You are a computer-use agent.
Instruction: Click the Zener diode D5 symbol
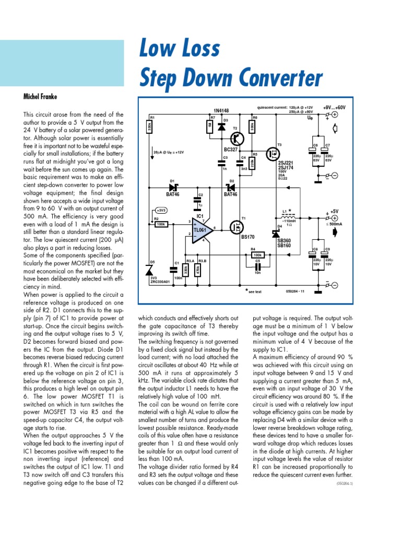tap(151, 270)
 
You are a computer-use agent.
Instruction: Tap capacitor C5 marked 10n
tap(256, 265)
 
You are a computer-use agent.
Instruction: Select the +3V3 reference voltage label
tap(161, 210)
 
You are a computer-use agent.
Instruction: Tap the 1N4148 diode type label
tap(221, 110)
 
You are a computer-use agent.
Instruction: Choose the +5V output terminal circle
tap(335, 218)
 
